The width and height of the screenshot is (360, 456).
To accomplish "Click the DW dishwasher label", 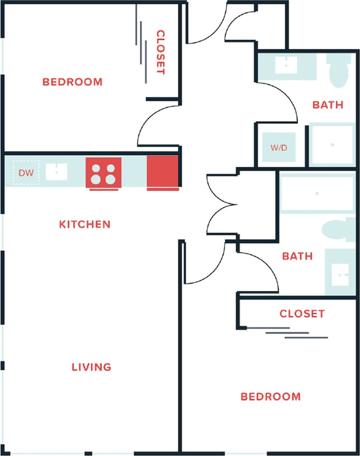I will coord(25,173).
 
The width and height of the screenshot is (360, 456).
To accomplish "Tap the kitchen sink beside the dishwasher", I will coord(56,172).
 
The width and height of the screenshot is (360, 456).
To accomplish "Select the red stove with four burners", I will coord(104,173).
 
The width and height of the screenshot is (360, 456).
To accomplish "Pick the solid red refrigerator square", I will coord(162,172).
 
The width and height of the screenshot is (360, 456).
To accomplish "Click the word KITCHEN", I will coord(85,225).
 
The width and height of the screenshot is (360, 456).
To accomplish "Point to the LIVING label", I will coord(91,367).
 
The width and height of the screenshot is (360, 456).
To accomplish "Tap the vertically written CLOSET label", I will coord(160,52).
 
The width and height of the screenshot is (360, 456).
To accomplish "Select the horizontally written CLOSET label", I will coord(302,314).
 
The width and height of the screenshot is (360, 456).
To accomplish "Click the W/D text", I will coord(279,148).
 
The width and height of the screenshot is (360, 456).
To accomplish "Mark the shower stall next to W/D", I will coord(332,145).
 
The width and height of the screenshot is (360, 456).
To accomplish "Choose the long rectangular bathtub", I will coord(317,193).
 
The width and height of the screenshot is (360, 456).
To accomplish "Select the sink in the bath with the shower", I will coord(286,65).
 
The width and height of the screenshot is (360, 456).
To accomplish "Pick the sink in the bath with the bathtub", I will coord(341,272).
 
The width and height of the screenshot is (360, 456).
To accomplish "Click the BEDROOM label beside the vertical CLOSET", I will coord(72,82).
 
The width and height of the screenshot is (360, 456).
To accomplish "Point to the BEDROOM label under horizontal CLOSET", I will coord(270,397).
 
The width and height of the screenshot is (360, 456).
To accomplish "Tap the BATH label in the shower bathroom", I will coord(328,105).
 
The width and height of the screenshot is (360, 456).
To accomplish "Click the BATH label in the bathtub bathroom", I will coord(297,256).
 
